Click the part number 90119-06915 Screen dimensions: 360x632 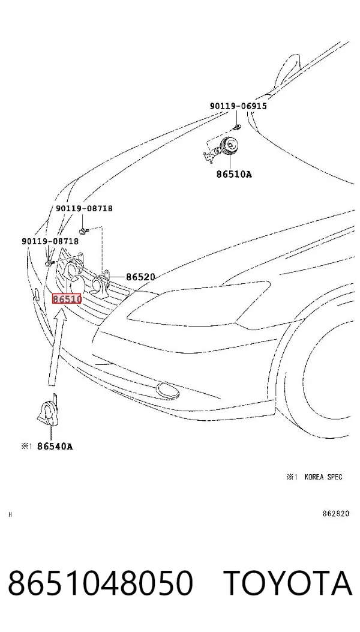coord(238,106)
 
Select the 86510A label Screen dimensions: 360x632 coord(234,175)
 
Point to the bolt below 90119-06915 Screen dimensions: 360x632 coord(238,128)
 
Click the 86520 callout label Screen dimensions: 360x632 coord(140,277)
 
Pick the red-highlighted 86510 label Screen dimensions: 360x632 coord(67,299)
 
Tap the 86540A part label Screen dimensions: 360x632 coord(55,446)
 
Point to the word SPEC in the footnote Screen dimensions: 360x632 coord(335,477)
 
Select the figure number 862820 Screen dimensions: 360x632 coord(336,514)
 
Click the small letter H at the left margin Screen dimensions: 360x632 coord(10,515)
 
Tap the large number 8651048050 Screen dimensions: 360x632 coord(100,583)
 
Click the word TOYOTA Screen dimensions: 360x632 coord(287,583)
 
